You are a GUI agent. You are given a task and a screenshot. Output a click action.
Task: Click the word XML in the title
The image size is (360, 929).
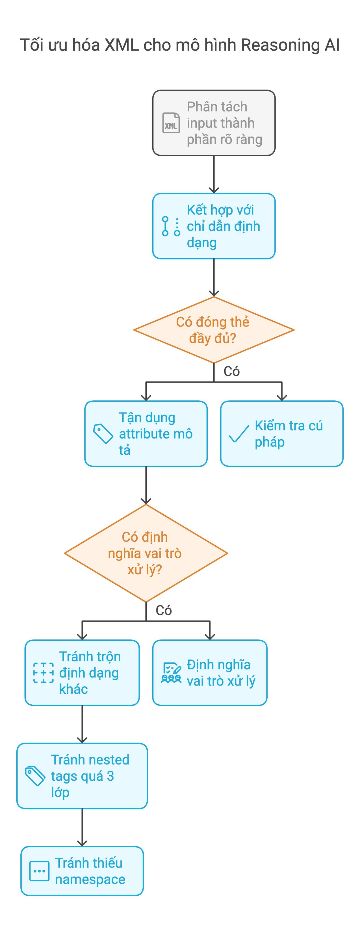click(122, 45)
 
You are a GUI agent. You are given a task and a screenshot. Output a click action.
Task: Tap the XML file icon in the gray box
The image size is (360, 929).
click(171, 123)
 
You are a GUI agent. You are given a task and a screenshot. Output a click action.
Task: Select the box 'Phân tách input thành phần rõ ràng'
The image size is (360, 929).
click(214, 123)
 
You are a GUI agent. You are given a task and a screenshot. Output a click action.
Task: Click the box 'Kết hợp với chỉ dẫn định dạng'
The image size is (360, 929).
click(214, 226)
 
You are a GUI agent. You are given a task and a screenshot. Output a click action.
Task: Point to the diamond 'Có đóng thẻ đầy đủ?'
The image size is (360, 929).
click(214, 330)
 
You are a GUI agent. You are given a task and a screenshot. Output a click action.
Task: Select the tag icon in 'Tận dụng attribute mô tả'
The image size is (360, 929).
click(103, 433)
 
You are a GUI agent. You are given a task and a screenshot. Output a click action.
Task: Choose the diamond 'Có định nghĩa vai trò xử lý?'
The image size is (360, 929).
click(146, 553)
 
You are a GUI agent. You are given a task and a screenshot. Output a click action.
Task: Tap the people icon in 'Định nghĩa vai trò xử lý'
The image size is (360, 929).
click(171, 673)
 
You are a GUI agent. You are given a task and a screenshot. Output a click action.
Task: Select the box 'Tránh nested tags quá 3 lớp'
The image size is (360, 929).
click(82, 776)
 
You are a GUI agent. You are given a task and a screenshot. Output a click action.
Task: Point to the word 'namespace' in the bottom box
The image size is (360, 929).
click(90, 880)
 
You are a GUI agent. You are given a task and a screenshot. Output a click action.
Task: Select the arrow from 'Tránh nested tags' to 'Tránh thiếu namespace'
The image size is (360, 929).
click(82, 827)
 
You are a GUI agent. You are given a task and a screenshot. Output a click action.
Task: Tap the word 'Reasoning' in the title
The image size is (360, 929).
click(280, 45)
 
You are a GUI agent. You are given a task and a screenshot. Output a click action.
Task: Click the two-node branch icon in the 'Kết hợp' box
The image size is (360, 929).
click(171, 226)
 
